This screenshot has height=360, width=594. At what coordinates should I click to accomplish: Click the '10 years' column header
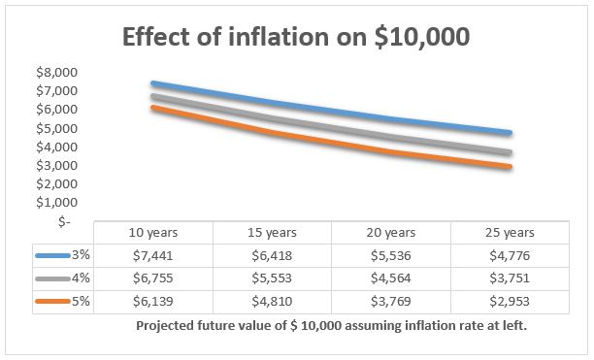tap(152, 234)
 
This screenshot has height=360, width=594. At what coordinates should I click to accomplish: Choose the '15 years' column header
tap(271, 234)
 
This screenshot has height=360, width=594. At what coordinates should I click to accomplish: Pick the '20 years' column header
tap(390, 234)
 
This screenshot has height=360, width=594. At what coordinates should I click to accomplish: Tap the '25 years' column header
tap(510, 234)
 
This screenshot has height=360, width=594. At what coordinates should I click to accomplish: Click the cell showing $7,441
tap(152, 256)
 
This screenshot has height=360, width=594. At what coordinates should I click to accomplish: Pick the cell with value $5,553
tap(271, 278)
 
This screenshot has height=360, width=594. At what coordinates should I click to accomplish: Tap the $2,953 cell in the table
tap(510, 301)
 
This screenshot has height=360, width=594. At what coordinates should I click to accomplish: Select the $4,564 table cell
tap(390, 278)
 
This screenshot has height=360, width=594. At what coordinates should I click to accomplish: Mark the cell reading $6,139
tap(152, 301)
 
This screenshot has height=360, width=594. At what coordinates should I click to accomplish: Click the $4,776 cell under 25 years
tap(510, 256)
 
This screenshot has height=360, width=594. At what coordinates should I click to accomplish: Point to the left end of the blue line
tap(153, 83)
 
